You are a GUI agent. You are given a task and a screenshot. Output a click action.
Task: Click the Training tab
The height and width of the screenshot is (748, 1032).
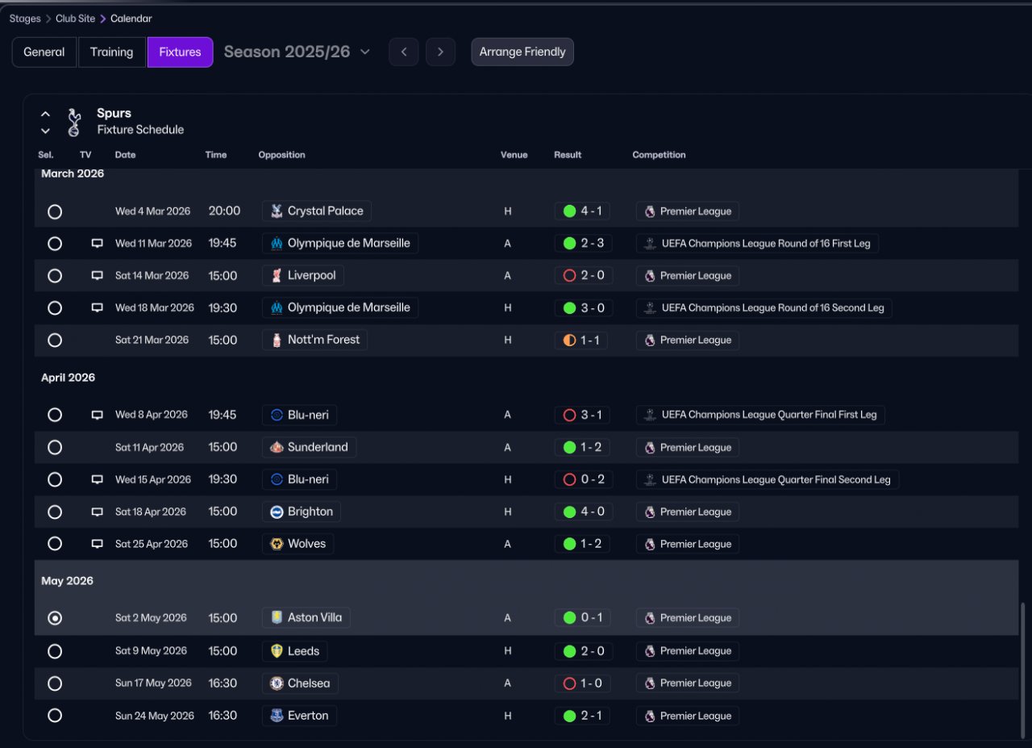tap(111, 52)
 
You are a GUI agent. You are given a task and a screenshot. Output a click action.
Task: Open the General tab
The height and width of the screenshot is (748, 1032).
tap(44, 52)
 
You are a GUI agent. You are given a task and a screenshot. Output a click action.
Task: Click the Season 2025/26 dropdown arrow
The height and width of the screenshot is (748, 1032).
tap(365, 52)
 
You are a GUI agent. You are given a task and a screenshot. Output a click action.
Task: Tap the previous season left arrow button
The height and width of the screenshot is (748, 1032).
tap(404, 52)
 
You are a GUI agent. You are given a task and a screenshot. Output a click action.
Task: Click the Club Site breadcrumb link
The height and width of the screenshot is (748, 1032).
tap(75, 19)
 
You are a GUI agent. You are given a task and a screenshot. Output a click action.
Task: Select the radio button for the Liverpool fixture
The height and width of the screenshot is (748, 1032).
tap(55, 276)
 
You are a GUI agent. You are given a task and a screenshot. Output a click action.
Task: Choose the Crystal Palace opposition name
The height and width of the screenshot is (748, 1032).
tap(325, 211)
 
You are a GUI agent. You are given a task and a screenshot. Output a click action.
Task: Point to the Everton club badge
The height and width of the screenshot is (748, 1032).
tap(277, 715)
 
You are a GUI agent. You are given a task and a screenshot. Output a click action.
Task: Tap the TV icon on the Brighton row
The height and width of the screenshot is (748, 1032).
tap(97, 512)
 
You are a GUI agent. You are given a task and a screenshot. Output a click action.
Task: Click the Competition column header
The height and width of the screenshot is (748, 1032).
tap(659, 155)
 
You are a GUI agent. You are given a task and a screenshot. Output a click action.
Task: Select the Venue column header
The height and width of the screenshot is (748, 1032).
tap(514, 155)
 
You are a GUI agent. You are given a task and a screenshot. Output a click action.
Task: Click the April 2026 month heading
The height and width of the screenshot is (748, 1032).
tap(69, 378)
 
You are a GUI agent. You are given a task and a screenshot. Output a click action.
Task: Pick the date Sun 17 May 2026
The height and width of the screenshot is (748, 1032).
tap(153, 683)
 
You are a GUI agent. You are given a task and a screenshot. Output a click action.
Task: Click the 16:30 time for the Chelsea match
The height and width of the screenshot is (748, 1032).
tap(223, 683)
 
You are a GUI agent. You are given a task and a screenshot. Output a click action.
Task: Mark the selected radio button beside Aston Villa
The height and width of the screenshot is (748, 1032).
tap(55, 618)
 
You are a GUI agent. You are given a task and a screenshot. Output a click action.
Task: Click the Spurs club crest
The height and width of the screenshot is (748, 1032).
tap(73, 122)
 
